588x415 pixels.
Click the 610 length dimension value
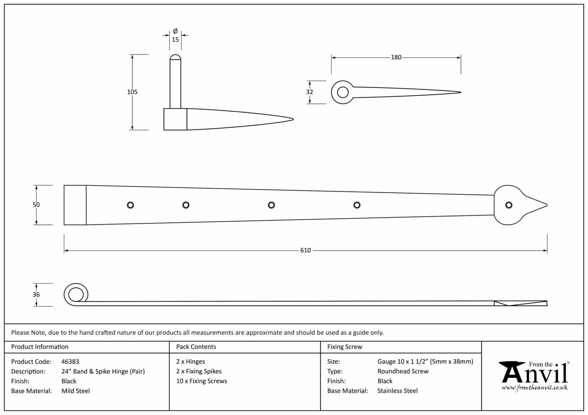(x=305, y=250)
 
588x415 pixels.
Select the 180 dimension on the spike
(x=396, y=57)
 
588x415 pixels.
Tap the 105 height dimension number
(x=132, y=92)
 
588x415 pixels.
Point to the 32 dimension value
(x=309, y=92)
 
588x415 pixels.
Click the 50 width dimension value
(x=36, y=205)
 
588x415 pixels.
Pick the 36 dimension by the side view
(x=36, y=295)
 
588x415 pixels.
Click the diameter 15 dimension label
(x=175, y=39)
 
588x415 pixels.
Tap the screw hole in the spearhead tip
(x=508, y=205)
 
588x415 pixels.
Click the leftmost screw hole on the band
(x=130, y=205)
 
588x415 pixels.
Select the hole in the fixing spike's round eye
(x=343, y=92)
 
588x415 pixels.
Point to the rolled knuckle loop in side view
(x=76, y=294)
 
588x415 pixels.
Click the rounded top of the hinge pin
(x=175, y=57)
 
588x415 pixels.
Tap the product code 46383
(x=70, y=362)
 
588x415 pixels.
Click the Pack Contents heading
(x=196, y=347)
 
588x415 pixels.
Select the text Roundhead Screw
(x=403, y=371)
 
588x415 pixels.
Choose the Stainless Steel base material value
(x=397, y=391)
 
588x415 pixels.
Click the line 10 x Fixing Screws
(x=202, y=381)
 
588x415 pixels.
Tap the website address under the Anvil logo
(x=535, y=388)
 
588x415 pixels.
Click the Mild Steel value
(x=76, y=391)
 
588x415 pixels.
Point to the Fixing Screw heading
(x=345, y=347)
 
